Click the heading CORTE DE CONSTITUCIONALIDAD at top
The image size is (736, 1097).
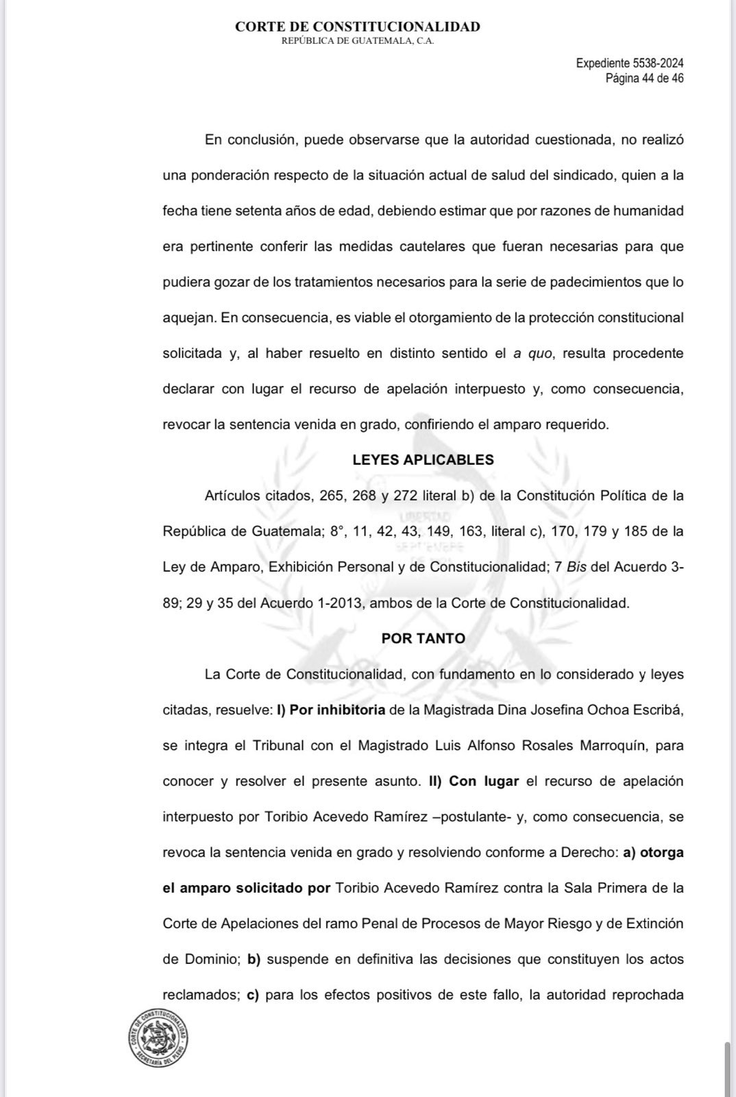point(357,27)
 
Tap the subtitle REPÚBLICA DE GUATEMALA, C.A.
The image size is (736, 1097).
point(358,41)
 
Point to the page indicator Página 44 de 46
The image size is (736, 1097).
point(644,78)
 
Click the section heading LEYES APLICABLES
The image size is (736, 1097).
point(423,460)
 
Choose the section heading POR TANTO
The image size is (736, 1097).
point(423,638)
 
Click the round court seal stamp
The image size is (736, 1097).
point(158,1037)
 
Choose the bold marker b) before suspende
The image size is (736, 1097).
point(254,959)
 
